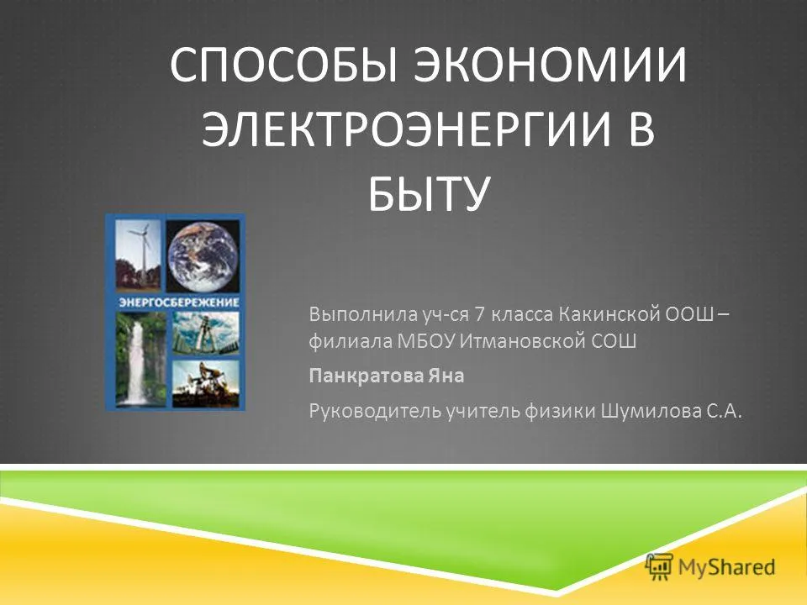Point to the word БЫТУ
coord(428,193)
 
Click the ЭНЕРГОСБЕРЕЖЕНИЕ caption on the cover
coord(179,302)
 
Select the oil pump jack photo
coord(206,383)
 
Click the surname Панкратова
coord(366,376)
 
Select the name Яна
coord(446,376)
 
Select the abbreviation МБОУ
coord(426,340)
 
